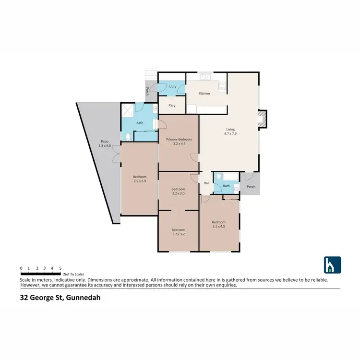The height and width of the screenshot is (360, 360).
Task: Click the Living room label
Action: tap(230, 129)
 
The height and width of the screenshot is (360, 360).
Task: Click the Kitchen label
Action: tap(204, 93)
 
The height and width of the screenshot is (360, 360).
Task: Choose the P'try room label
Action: tap(171, 106)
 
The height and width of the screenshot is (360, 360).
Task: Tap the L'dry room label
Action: tap(174, 86)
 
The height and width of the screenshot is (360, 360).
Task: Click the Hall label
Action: tap(206, 183)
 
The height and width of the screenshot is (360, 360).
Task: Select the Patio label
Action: tap(104, 141)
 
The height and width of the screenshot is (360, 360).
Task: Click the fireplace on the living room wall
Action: tap(262, 119)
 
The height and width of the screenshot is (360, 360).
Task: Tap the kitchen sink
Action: tap(206, 76)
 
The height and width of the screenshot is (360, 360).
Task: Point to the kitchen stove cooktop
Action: tap(223, 86)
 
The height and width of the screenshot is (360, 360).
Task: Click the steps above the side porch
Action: tap(152, 74)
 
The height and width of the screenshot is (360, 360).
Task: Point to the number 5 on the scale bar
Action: tap(60, 268)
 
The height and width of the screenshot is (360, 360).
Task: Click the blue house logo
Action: tap(332, 265)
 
